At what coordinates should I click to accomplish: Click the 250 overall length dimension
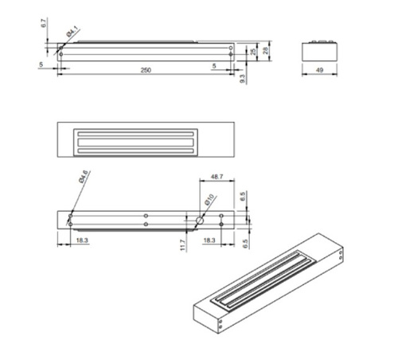146,71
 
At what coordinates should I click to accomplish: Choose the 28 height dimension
266,50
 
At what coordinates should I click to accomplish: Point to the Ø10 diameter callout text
209,200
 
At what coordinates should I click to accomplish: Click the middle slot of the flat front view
136,141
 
